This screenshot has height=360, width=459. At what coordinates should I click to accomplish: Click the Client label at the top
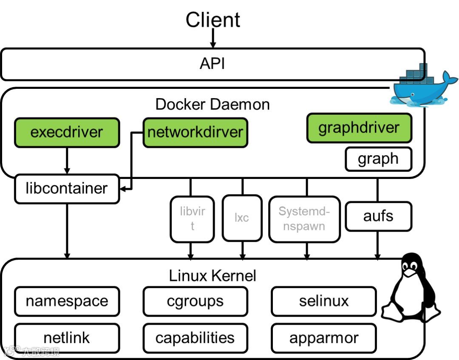pyautogui.click(x=213, y=20)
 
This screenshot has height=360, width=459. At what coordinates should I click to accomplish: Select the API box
pyautogui.click(x=212, y=64)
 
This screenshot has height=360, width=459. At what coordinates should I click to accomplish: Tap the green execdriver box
pyautogui.click(x=67, y=132)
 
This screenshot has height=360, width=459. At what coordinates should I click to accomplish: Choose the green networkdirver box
pyautogui.click(x=195, y=132)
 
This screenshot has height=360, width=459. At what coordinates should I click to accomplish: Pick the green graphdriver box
pyautogui.click(x=359, y=128)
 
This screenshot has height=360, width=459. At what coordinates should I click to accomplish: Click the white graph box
pyautogui.click(x=378, y=159)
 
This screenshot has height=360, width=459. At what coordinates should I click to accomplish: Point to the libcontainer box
pyautogui.click(x=67, y=188)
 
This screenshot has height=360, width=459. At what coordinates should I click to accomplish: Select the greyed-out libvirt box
pyautogui.click(x=192, y=218)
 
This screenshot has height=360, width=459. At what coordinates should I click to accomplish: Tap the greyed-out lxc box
pyautogui.click(x=242, y=218)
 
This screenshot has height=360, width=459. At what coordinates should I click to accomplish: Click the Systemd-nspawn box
pyautogui.click(x=304, y=218)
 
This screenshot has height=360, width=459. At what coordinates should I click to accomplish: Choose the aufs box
pyautogui.click(x=378, y=216)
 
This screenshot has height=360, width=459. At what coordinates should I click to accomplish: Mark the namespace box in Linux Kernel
pyautogui.click(x=67, y=301)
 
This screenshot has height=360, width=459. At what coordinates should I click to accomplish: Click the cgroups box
pyautogui.click(x=195, y=301)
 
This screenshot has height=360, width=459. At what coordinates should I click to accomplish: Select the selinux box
pyautogui.click(x=324, y=301)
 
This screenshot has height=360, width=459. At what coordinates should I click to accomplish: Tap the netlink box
pyautogui.click(x=67, y=338)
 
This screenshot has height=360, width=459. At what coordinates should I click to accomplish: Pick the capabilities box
pyautogui.click(x=195, y=338)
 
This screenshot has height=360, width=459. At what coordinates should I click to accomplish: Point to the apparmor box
pyautogui.click(x=324, y=338)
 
